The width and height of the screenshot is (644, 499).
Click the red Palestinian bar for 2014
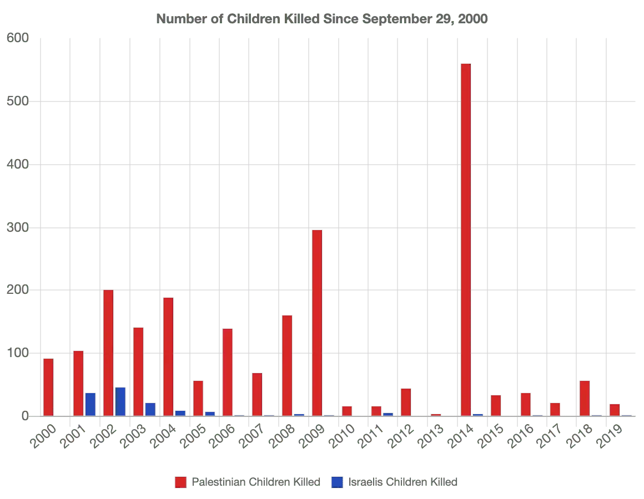(465, 238)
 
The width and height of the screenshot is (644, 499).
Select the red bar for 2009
(317, 322)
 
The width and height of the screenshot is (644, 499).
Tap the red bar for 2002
(108, 352)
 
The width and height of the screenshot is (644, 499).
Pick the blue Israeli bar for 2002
(120, 401)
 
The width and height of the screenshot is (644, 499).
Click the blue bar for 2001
(90, 404)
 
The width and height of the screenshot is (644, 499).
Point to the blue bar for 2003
(150, 409)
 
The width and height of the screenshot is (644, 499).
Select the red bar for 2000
(48, 386)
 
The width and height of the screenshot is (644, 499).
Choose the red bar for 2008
(287, 365)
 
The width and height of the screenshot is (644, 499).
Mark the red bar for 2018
(584, 398)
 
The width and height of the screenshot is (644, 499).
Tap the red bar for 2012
(406, 401)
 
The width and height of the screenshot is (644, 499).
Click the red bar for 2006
(227, 371)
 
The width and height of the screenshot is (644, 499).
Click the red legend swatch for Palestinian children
(180, 482)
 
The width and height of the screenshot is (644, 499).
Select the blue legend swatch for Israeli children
(336, 482)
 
